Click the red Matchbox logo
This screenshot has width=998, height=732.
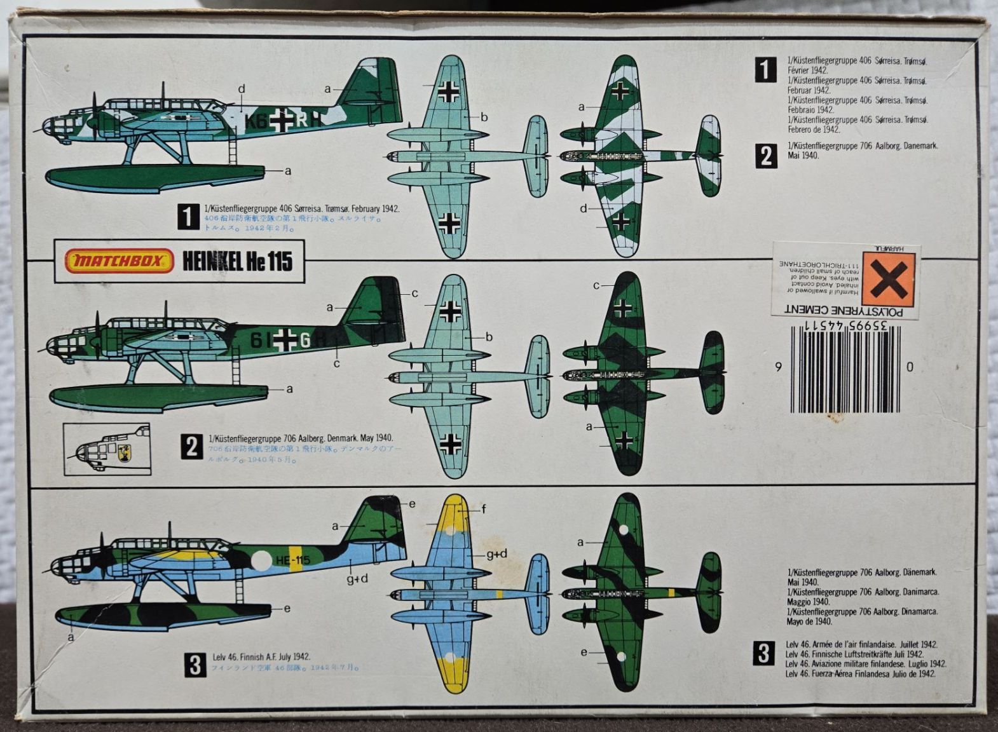coord(119,261)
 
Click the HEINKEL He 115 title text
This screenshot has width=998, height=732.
coord(238,261)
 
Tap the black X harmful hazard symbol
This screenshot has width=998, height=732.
coord(888,279)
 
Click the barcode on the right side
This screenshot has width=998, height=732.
coord(845,370)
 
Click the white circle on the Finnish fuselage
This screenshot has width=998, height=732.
coord(261,560)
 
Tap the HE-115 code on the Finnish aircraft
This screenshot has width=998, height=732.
coord(293,560)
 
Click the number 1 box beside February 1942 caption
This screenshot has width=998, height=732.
coord(188,217)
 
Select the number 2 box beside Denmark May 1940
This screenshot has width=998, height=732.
coord(192,447)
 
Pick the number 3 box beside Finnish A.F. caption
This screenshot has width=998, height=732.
coord(195,665)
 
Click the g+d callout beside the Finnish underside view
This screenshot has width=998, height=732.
coord(496,554)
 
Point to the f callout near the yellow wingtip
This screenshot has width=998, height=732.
coord(484,509)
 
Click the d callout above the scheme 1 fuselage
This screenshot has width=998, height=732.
coord(242,89)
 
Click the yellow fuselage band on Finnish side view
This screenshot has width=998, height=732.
coord(296,559)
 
